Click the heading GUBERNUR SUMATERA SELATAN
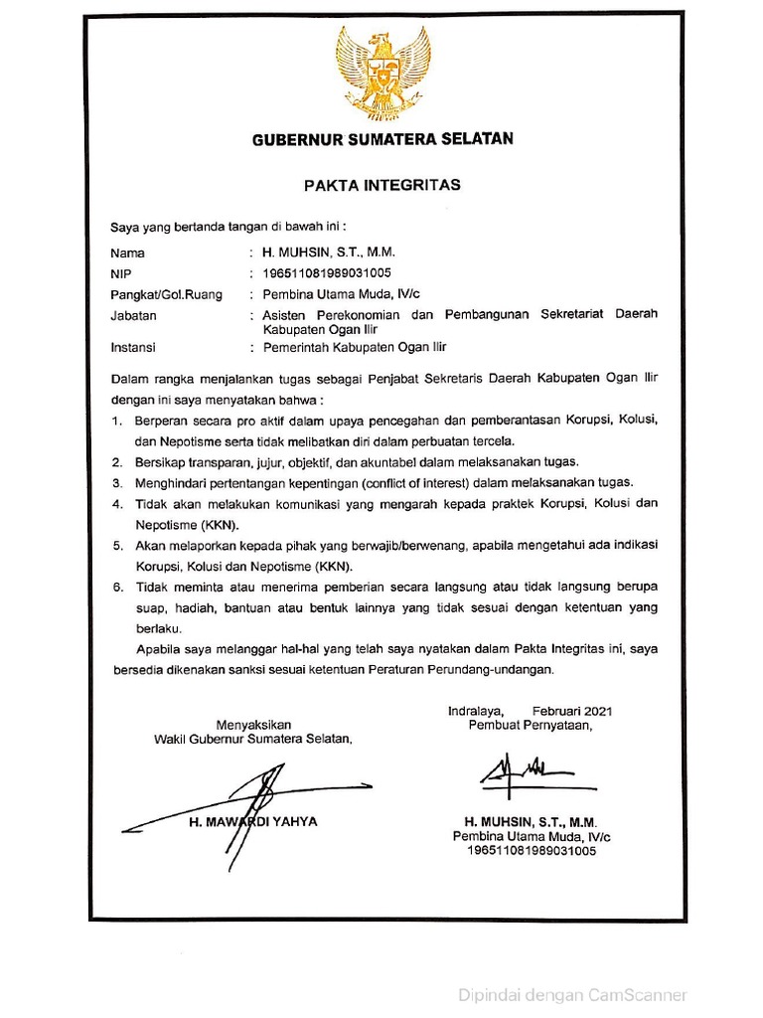pyautogui.click(x=381, y=139)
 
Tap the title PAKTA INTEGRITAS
pyautogui.click(x=381, y=185)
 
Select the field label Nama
pyautogui.click(x=127, y=253)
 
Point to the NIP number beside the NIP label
pyautogui.click(x=327, y=273)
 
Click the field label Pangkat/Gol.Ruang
pyautogui.click(x=166, y=294)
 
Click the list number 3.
pyautogui.click(x=116, y=482)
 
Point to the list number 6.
pyautogui.click(x=116, y=587)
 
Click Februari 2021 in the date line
pyautogui.click(x=572, y=711)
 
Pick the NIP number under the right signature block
pyautogui.click(x=531, y=852)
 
